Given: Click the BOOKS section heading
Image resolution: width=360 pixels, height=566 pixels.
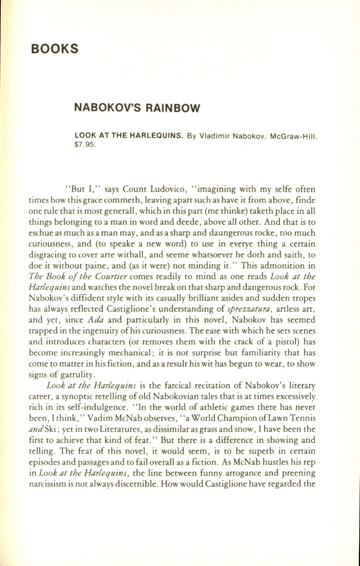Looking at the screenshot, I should tap(55, 49).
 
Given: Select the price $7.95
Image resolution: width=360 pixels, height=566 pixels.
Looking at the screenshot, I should tap(85, 145).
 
